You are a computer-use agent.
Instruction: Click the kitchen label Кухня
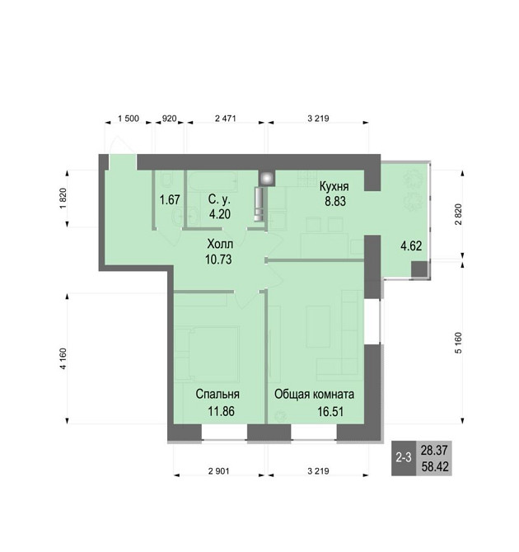tap(334, 186)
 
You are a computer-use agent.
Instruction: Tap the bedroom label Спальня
tap(217, 394)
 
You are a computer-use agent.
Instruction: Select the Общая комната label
tap(314, 394)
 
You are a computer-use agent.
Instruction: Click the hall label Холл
tap(220, 244)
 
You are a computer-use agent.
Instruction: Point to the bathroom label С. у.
tap(219, 199)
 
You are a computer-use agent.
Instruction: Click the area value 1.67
tap(170, 200)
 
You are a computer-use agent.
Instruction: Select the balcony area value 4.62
tap(411, 246)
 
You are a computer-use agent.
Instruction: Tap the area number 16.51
tap(330, 411)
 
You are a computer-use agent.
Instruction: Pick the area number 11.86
tap(221, 411)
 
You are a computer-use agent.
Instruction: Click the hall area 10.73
tap(218, 260)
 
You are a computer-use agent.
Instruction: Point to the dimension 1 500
tap(129, 119)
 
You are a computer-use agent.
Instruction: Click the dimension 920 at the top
tap(169, 119)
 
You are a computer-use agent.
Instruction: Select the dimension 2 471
tap(226, 119)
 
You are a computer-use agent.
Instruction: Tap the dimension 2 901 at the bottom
tap(218, 471)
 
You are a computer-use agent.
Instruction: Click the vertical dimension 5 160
tap(458, 343)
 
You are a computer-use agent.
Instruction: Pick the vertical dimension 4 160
tap(63, 358)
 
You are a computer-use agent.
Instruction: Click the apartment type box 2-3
tap(404, 458)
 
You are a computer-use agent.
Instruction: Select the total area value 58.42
tap(435, 467)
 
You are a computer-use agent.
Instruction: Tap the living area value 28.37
tap(434, 450)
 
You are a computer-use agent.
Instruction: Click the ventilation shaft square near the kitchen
tap(267, 179)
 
